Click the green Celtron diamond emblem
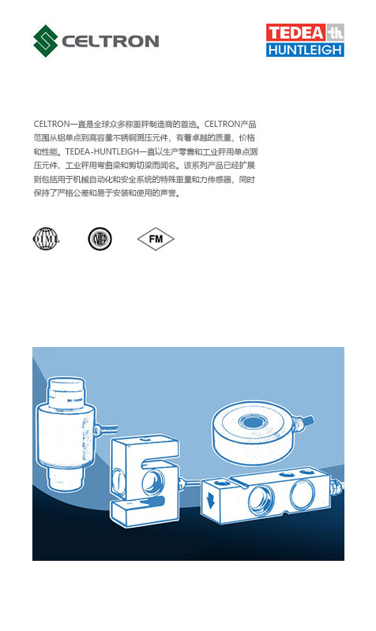coord(46,40)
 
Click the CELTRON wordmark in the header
coord(111,41)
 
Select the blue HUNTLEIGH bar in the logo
coord(305,50)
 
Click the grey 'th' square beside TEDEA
coord(335,32)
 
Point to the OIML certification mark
coord(45,238)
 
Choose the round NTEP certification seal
coord(100,238)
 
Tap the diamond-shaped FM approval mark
coord(155,238)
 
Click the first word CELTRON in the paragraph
coord(52,125)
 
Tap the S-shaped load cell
coord(145,482)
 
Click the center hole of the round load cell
coord(254,420)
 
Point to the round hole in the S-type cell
coord(151,482)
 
